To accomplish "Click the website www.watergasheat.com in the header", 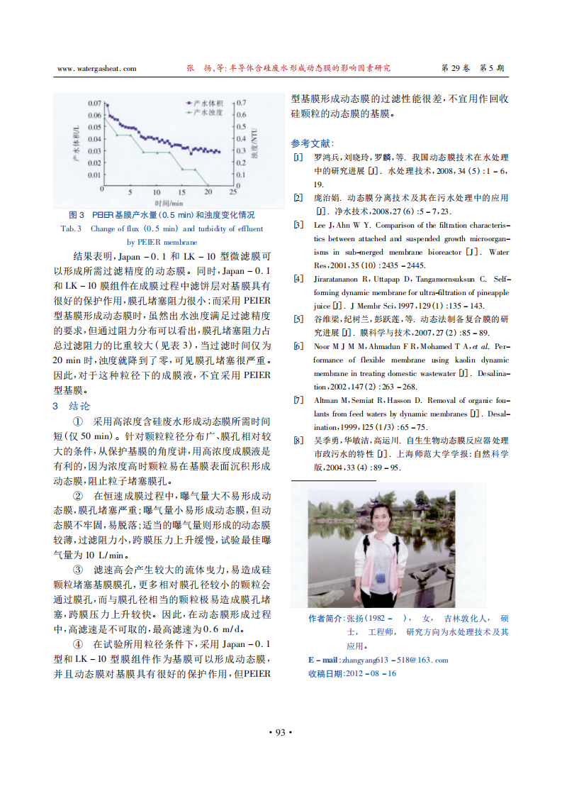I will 96,69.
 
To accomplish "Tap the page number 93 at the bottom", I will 280,732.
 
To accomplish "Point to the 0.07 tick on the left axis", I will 94,104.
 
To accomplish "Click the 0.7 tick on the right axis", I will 242,103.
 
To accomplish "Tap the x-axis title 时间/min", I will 168,202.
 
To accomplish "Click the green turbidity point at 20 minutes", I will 207,188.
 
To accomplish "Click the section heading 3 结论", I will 72,407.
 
